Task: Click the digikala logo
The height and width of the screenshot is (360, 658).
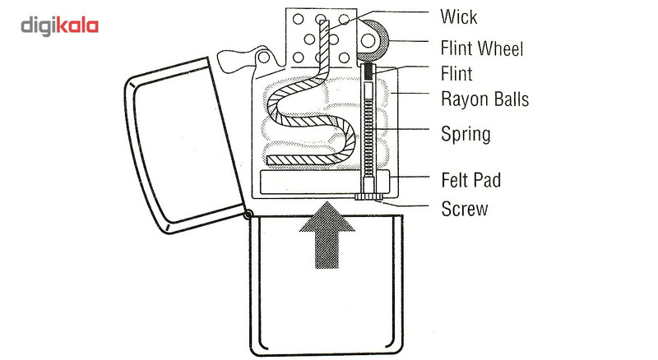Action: (59, 26)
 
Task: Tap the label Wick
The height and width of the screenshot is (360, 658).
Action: (459, 16)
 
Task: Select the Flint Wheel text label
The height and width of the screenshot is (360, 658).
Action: (482, 48)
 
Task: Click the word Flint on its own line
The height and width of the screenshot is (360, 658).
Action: (456, 74)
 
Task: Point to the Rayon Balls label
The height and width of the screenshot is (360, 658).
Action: (484, 99)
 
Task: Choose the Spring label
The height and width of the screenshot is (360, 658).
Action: (466, 134)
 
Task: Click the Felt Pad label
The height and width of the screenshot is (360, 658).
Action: (470, 180)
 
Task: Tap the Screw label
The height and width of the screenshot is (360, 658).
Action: (465, 209)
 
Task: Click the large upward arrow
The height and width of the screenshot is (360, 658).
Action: (327, 235)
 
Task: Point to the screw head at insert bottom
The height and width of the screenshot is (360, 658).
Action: (368, 196)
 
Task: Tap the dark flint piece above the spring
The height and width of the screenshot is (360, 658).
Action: (368, 72)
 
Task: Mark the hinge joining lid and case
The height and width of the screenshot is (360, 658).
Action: (248, 215)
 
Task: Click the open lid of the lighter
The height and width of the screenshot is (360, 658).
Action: (183, 145)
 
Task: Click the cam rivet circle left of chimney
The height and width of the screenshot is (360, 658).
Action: (263, 57)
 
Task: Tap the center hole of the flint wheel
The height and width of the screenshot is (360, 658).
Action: (368, 40)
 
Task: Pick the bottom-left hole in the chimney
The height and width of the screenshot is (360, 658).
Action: (298, 58)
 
